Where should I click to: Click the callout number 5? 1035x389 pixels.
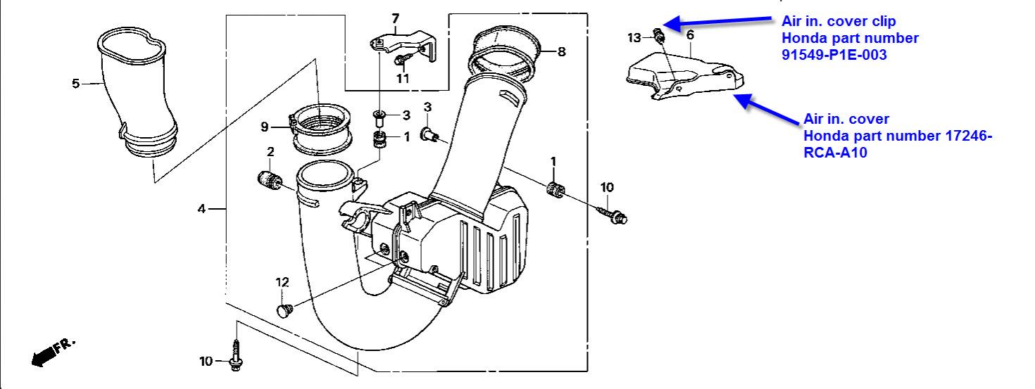(76, 84)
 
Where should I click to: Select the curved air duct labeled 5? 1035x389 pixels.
(137, 92)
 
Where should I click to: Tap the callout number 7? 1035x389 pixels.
(395, 19)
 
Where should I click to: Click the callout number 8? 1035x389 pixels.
(561, 51)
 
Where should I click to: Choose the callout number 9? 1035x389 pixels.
(264, 127)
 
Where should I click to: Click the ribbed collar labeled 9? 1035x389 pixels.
(320, 129)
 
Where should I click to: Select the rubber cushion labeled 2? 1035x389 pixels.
(270, 179)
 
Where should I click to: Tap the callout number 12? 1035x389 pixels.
(282, 282)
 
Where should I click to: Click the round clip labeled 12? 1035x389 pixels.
(284, 310)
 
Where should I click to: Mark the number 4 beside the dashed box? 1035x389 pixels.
(201, 209)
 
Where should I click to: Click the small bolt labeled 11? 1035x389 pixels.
(403, 60)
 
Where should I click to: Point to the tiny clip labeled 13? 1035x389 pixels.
(658, 34)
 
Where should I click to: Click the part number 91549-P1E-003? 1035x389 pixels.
(834, 55)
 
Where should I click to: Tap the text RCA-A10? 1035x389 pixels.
(835, 153)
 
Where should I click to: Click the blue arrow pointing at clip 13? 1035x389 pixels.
(717, 22)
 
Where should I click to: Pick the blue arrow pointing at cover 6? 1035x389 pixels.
(767, 109)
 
